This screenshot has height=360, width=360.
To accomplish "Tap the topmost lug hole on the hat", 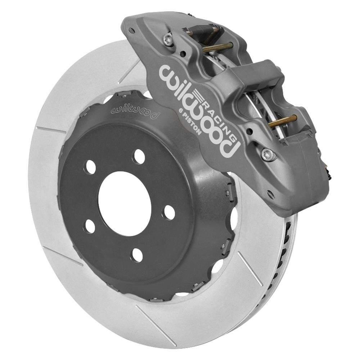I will pos(139,156).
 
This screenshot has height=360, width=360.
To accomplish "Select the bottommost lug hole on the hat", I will pos(137,255).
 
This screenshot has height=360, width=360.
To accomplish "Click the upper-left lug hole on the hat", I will pos(90,167).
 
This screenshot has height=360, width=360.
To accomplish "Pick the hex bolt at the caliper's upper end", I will pos(167,39).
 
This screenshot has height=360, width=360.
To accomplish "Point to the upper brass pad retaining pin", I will pos(218,46).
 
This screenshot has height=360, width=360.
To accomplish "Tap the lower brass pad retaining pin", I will pos(283,121).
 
